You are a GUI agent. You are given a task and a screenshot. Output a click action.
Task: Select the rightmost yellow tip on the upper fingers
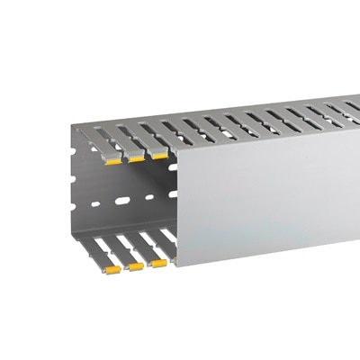[x=159, y=156]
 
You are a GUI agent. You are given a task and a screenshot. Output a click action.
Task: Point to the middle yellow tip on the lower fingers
[x=136, y=266]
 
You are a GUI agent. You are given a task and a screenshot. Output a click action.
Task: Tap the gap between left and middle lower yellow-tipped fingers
[x=124, y=261]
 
